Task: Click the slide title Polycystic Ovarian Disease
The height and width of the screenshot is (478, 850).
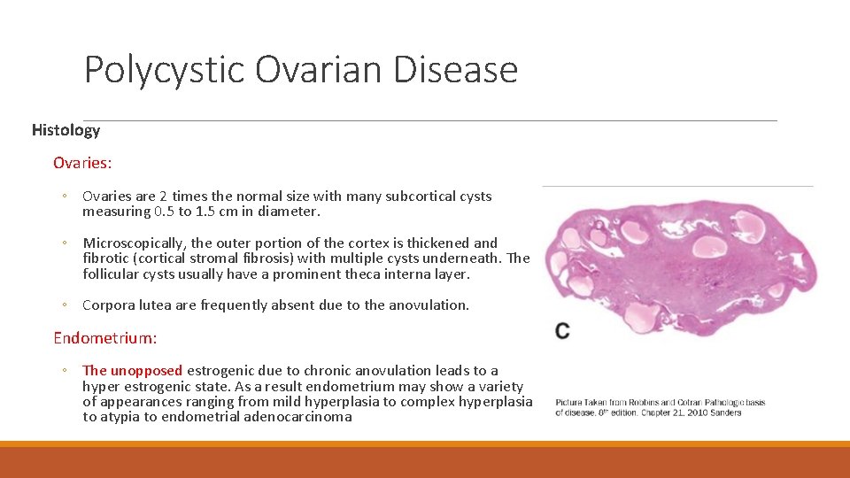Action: pos(300,69)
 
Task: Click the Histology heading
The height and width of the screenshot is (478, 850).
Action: pos(66,130)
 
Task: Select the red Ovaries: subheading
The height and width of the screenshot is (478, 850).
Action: pos(82,163)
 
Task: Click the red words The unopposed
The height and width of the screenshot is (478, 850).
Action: pos(132,371)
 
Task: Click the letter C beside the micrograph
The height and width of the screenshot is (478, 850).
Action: pos(562,330)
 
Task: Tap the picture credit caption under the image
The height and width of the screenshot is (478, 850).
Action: pos(660,407)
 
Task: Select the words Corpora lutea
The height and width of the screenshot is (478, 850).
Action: pos(127,305)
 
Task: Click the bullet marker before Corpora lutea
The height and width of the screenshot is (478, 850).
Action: pos(65,305)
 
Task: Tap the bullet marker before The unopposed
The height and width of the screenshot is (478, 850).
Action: pos(65,371)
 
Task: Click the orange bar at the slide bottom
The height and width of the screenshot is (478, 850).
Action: pos(425,460)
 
